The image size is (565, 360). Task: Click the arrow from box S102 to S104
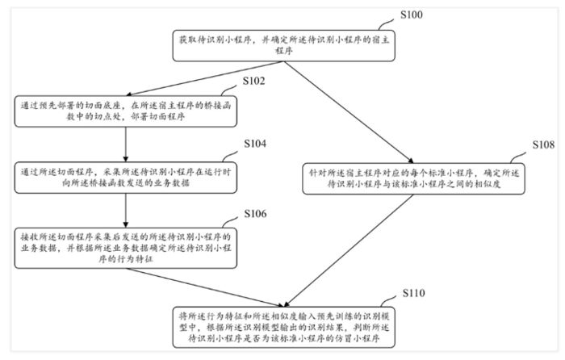click(126, 140)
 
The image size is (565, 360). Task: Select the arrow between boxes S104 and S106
click(126, 207)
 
